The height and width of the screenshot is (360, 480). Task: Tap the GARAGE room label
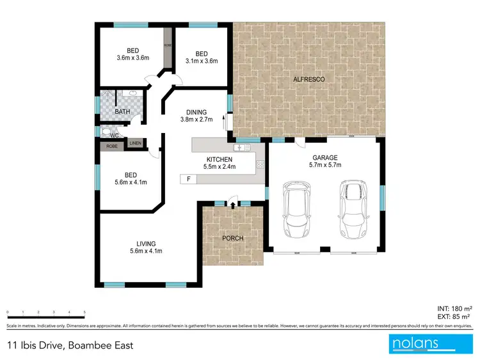coord(324,157)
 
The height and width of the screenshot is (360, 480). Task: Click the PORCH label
coord(233,239)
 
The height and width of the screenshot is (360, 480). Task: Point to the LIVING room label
coord(146,243)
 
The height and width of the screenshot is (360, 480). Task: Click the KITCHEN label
coord(218,159)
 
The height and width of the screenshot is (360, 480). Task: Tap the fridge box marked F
coord(188,179)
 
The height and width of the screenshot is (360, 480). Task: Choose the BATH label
coord(122,112)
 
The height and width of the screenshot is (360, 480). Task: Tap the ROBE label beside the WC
coord(112,146)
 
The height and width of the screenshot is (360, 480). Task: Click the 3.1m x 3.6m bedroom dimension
coord(202,61)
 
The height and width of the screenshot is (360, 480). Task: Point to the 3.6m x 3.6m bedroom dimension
coord(132,58)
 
